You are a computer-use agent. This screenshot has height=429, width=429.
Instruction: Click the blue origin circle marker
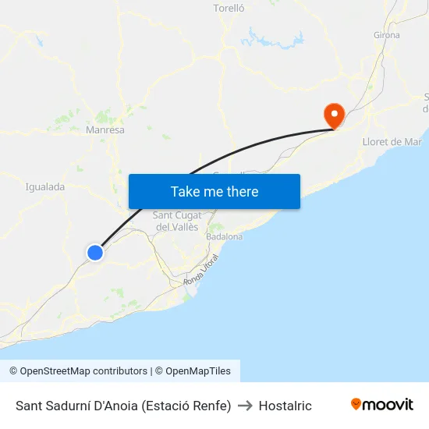tap(95, 252)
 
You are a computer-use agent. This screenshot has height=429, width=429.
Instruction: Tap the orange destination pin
tap(335, 115)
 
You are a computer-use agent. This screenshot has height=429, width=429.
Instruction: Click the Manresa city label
tap(105, 130)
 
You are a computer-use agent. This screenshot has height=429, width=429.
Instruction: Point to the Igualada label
tap(45, 187)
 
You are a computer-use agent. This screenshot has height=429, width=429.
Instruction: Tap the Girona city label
tap(387, 35)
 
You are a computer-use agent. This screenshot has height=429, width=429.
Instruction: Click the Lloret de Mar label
tap(392, 142)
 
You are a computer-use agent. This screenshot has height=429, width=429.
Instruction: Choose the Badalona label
tap(225, 236)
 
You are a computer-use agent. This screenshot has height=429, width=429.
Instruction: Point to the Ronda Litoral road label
tap(201, 270)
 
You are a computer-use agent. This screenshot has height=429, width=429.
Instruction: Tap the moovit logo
tap(382, 405)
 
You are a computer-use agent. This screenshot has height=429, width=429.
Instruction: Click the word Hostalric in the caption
tap(285, 406)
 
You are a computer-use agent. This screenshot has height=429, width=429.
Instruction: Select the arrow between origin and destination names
tap(245, 406)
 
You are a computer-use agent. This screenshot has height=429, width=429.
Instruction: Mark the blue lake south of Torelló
tap(270, 37)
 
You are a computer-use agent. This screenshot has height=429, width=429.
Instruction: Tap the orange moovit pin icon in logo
tap(356, 404)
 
